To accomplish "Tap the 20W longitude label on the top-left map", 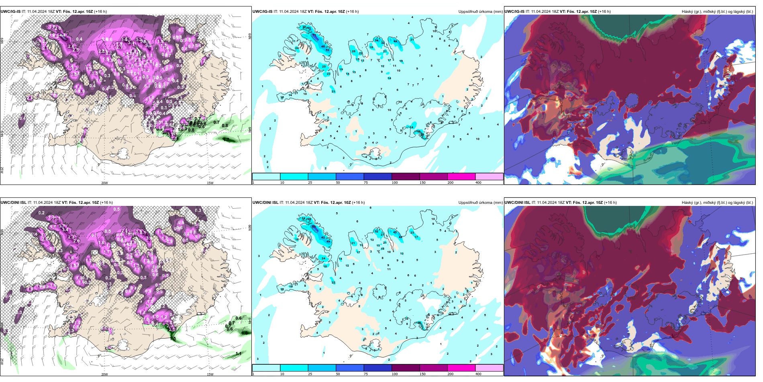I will (104, 183).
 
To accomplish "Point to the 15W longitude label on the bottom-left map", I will (210, 374).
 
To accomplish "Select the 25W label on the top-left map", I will (2, 170).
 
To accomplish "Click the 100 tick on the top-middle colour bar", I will (395, 183).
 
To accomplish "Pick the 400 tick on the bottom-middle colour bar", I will (478, 374).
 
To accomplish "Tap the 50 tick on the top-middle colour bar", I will (338, 183).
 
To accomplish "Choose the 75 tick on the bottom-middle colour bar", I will (366, 374).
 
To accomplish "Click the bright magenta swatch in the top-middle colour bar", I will (461, 177).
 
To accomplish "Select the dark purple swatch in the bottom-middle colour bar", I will (406, 368).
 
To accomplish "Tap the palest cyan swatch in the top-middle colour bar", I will (266, 177).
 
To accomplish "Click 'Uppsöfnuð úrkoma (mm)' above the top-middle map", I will (480, 12).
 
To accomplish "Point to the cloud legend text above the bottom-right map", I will (717, 203).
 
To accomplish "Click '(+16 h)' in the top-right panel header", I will (604, 12).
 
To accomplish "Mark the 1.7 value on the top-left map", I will (227, 140).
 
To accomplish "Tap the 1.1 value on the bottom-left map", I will (239, 354).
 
